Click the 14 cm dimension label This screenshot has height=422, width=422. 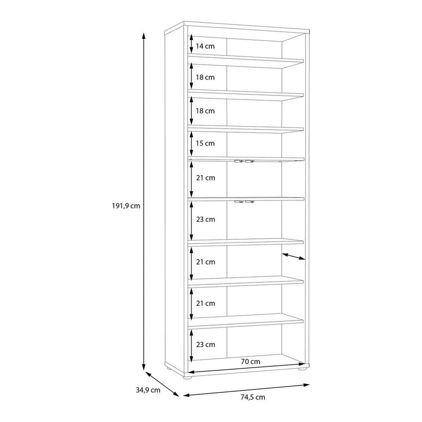tap(205, 46)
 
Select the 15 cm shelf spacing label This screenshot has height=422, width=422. tap(205, 143)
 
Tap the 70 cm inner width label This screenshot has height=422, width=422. tap(251, 362)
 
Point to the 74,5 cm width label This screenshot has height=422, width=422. tap(253, 397)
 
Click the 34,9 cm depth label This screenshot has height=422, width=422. tap(148, 390)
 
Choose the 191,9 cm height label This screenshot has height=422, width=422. tap(126, 206)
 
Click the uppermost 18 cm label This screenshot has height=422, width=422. tap(205, 77)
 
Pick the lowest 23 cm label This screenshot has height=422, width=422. tap(206, 344)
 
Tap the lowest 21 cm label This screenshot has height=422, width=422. tap(206, 303)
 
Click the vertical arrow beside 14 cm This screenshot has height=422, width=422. tap(191, 44)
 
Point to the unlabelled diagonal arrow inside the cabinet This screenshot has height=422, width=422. tap(294, 257)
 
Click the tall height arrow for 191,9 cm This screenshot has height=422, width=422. tap(144, 202)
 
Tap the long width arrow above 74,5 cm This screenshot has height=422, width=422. tap(246, 390)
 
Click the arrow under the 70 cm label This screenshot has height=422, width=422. tap(246, 368)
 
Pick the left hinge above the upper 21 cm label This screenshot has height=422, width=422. tap(238, 161)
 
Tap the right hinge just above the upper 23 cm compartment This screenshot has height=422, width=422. tap(249, 201)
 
